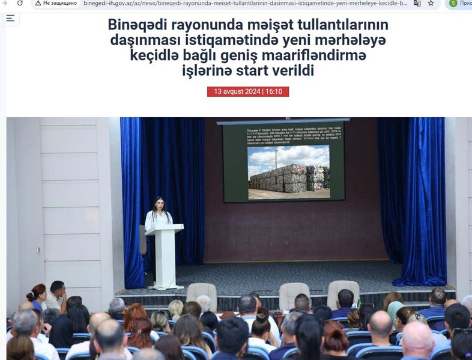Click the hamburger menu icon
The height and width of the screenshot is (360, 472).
pyautogui.click(x=10, y=18)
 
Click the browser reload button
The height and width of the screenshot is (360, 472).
pyautogui.click(x=20, y=3)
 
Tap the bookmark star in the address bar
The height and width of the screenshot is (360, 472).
pyautogui.click(x=431, y=3)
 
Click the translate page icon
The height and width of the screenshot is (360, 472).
pyautogui.click(x=417, y=3)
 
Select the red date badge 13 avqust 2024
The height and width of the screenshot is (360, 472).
pyautogui.click(x=248, y=92)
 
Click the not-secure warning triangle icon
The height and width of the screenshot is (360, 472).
pyautogui.click(x=37, y=3)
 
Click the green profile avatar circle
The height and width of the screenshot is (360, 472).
pyautogui.click(x=453, y=3)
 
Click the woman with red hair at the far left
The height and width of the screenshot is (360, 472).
pyautogui.click(x=37, y=296)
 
